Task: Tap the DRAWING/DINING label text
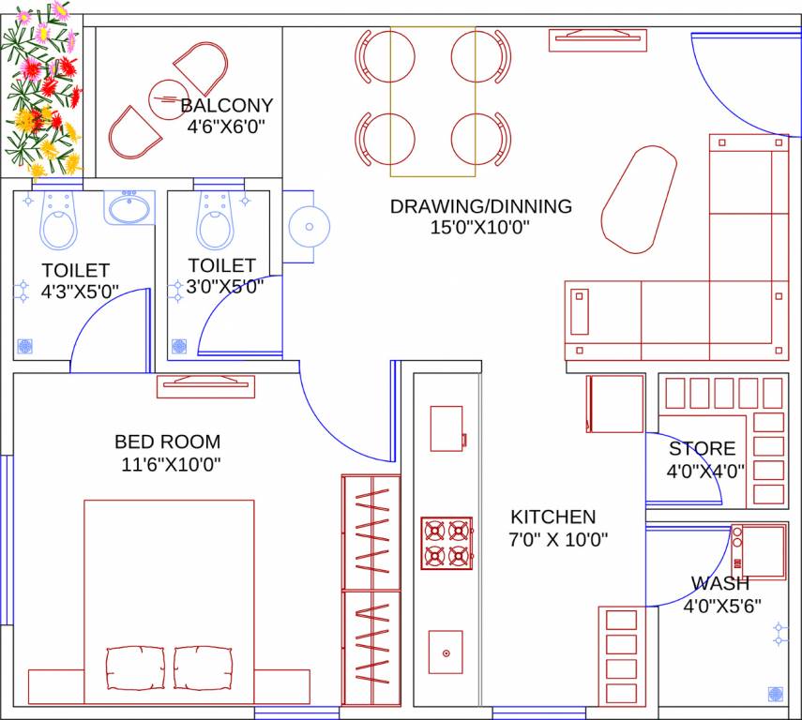(480, 206)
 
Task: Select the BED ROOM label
(168, 442)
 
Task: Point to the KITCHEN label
(552, 517)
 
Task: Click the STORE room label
(702, 449)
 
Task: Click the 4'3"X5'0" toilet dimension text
(80, 292)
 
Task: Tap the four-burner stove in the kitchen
(446, 543)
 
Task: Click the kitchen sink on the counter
(446, 652)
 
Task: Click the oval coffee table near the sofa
(638, 198)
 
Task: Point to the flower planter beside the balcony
(42, 89)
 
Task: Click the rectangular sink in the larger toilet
(129, 207)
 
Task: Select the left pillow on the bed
(136, 667)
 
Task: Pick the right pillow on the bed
(203, 667)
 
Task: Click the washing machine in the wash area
(758, 551)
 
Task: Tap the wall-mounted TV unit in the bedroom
(206, 385)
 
